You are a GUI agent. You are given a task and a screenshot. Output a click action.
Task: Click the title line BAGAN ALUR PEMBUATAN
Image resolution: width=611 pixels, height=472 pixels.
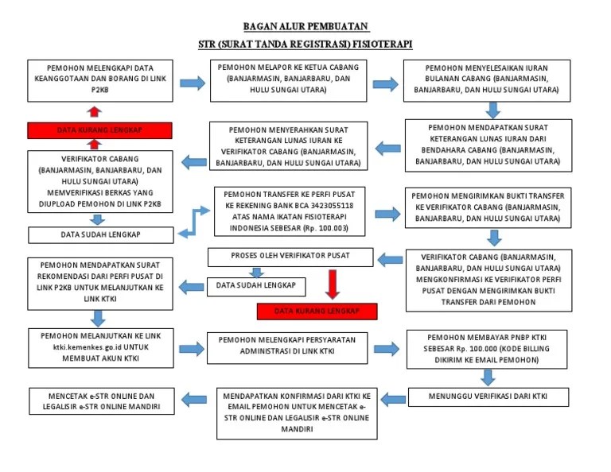(x=306, y=27)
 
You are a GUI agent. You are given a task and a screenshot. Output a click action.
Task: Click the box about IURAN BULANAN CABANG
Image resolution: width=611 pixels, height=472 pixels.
(x=487, y=80)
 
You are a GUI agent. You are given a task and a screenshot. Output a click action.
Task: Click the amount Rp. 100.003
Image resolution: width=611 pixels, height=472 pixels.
(x=321, y=226)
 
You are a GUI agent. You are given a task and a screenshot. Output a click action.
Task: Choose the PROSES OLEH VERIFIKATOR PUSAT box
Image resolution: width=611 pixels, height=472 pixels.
(x=290, y=257)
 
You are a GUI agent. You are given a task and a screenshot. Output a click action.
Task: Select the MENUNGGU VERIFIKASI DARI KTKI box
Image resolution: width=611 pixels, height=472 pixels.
(x=488, y=396)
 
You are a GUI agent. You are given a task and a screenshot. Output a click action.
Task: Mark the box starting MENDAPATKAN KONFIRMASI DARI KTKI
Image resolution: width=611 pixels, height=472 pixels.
(x=297, y=412)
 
